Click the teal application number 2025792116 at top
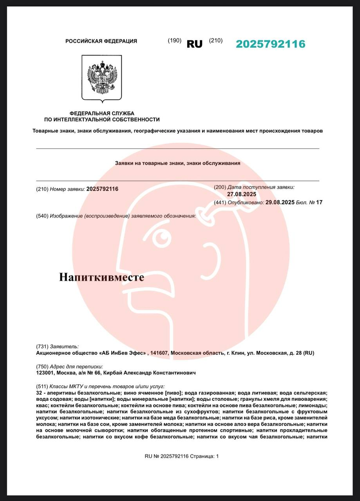270,44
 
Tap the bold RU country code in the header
194,44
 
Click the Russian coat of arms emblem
102,77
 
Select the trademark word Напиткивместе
101,277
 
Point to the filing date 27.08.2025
241,194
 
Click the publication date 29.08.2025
280,202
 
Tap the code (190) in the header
174,40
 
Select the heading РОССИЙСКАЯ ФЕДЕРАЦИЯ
101,41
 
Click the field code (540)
42,216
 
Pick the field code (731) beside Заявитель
42,346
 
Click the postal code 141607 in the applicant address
159,353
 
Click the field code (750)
42,367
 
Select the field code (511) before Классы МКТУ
42,386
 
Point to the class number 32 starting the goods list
39,393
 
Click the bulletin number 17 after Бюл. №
319,202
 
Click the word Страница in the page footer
202,456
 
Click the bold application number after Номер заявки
102,189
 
